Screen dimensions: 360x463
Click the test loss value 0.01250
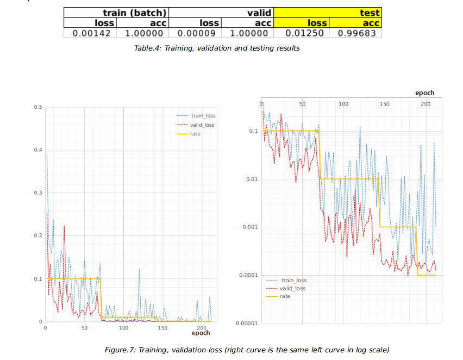(308, 33)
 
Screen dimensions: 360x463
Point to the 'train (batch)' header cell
(134, 13)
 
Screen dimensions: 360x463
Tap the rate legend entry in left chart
(195, 134)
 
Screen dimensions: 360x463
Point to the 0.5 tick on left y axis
(37, 107)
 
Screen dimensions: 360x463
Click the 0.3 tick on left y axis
(37, 193)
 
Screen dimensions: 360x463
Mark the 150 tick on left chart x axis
(162, 328)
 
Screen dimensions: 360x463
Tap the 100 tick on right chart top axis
(343, 103)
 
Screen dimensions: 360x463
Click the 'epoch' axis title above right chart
(424, 93)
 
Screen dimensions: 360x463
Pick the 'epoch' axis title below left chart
(201, 333)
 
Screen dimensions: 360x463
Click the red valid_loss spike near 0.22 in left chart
(64, 226)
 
